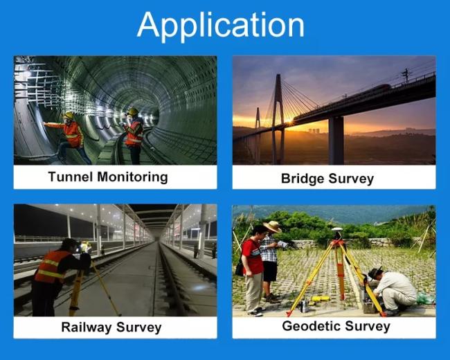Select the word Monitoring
pos(133,177)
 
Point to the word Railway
pos(87,327)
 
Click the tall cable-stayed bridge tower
pos(278,118)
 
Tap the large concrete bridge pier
pos(336,140)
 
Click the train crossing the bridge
pos(341,99)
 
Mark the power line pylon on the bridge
pos(406,75)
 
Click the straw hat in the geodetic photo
pos(272,226)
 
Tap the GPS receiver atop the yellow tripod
pos(336,232)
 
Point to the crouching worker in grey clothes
pos(391,291)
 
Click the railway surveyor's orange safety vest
pos(51,267)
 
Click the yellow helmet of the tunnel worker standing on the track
pos(133,111)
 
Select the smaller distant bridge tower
pos(258,120)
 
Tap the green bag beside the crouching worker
pos(425,298)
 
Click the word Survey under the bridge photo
pos(351,179)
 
